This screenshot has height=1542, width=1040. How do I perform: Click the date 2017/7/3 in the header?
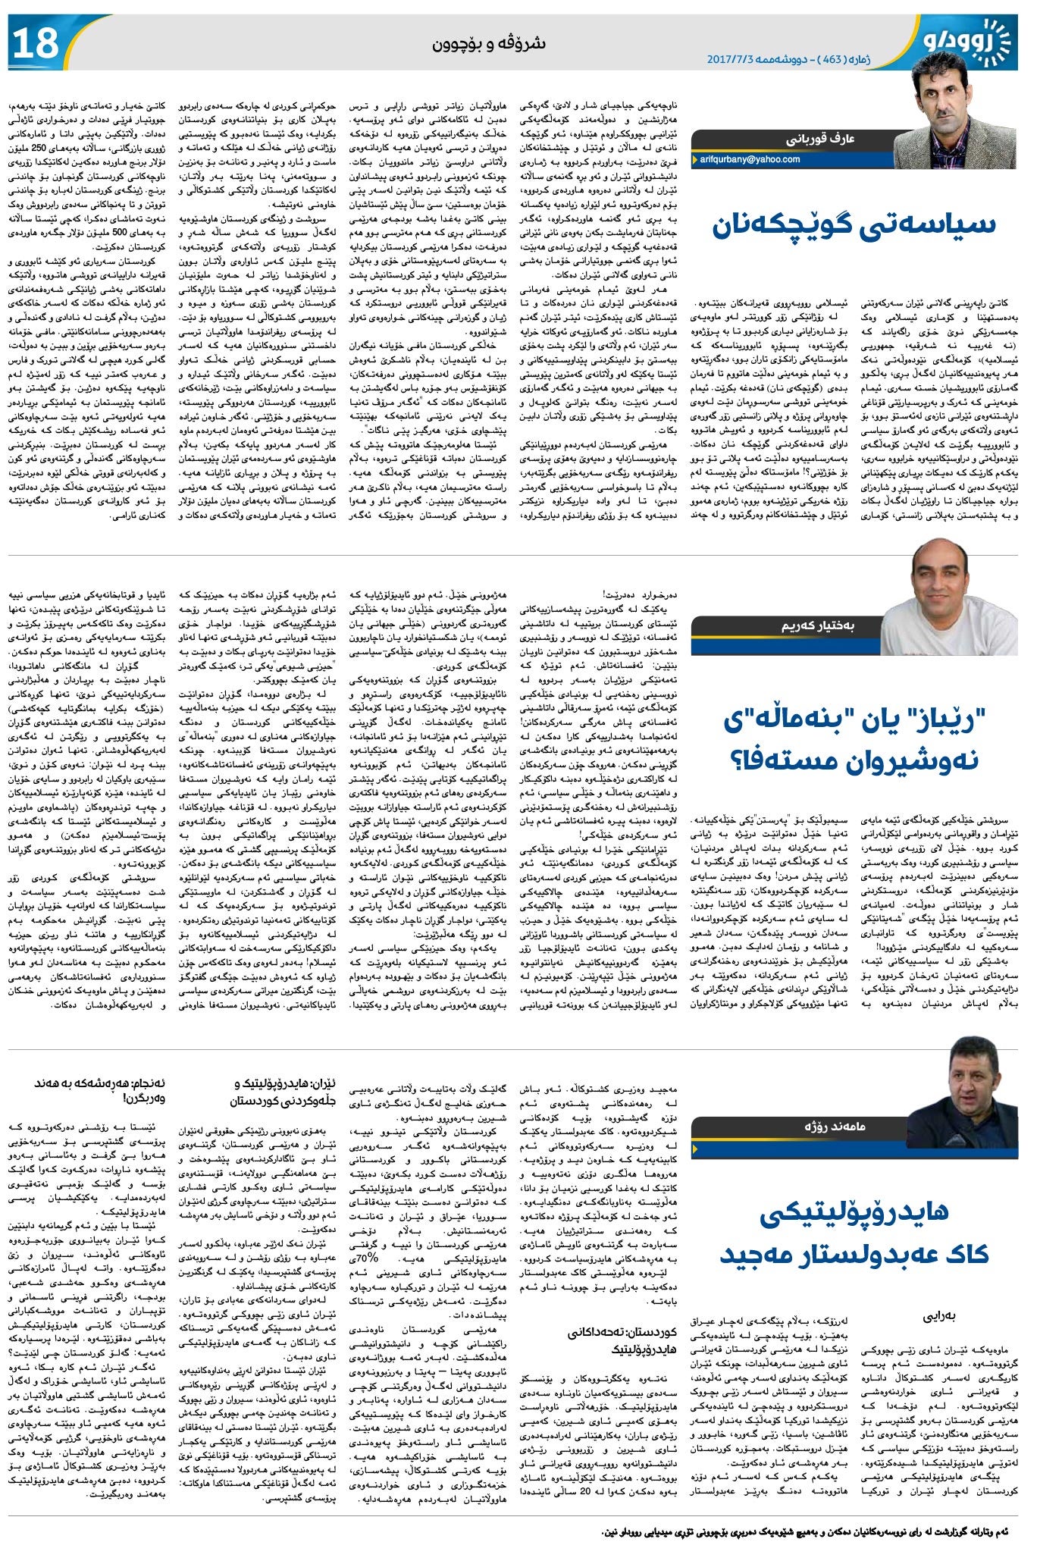pos(731,58)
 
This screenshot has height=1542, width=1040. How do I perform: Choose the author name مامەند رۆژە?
pos(835,1127)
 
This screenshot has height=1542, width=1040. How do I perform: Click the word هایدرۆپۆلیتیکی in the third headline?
pos(854,1214)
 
